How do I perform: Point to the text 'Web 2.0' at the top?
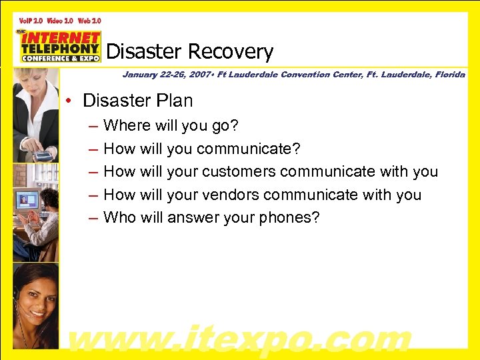[x=93, y=21]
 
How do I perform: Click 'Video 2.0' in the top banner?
[x=61, y=21]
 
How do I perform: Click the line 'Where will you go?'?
[x=171, y=125]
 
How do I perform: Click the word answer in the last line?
[x=189, y=217]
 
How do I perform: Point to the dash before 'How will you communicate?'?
[x=90, y=149]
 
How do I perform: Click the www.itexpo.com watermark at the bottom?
[x=240, y=338]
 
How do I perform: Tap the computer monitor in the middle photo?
[x=26, y=199]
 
